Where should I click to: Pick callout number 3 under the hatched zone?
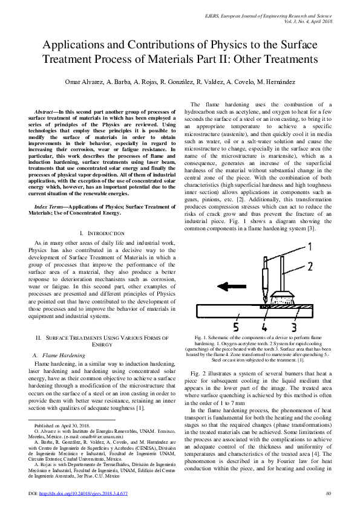(293, 327)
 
